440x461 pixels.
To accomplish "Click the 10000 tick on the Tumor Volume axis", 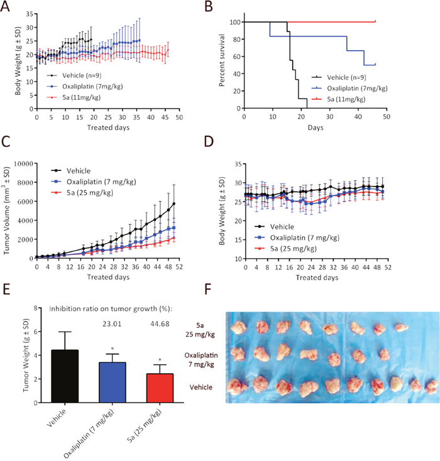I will pos(23,165).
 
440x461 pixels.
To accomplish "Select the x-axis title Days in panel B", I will pos(314,127).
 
